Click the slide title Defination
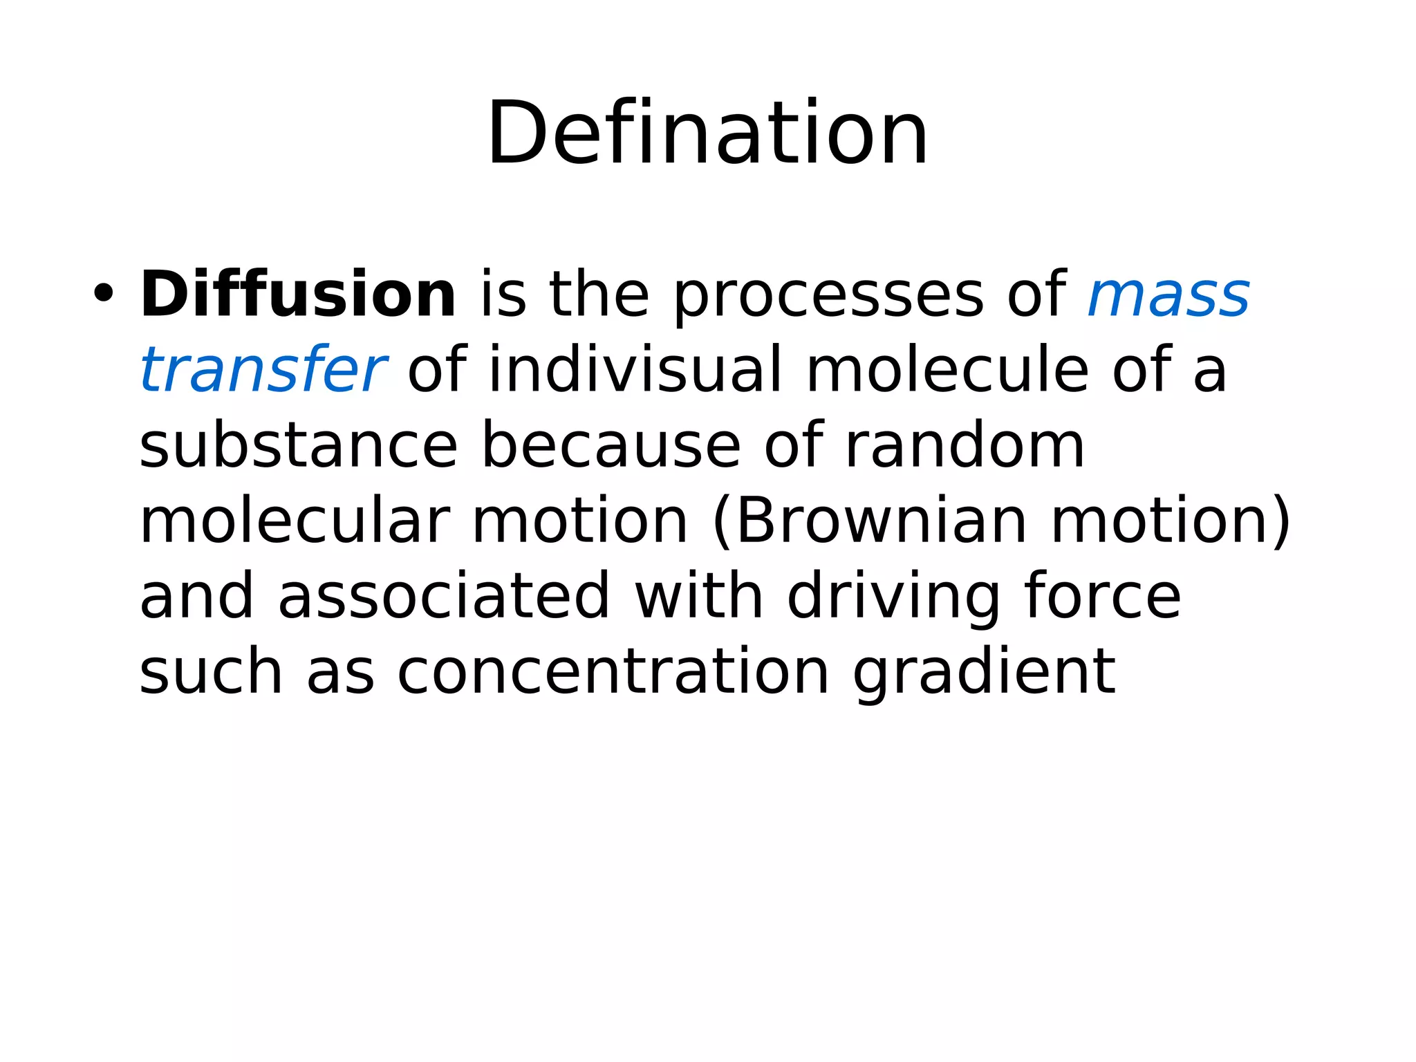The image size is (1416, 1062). tap(707, 133)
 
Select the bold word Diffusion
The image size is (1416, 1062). tap(298, 295)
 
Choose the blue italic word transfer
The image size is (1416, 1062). tap(263, 370)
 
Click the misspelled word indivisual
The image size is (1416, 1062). tap(635, 370)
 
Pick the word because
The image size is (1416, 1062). tap(611, 446)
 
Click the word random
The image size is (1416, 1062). tap(965, 446)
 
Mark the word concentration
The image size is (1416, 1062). tap(613, 671)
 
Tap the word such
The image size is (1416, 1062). tap(211, 671)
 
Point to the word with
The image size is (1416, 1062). tap(699, 596)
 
